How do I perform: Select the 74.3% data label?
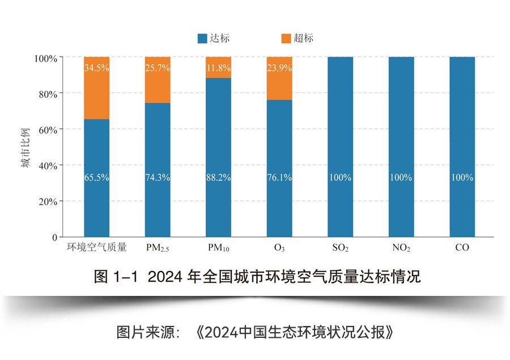point(158,177)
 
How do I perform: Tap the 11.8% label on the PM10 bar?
point(219,68)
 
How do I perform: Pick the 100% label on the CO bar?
point(462,177)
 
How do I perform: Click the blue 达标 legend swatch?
point(202,39)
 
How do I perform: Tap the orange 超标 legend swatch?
point(286,39)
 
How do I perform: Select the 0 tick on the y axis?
point(54,237)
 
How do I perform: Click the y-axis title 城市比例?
point(25,147)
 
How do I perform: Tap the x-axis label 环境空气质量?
point(96,248)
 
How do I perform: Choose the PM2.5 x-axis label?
point(158,248)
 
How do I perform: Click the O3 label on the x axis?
point(279,248)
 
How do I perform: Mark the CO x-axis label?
point(462,248)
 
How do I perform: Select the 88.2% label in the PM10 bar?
point(219,177)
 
